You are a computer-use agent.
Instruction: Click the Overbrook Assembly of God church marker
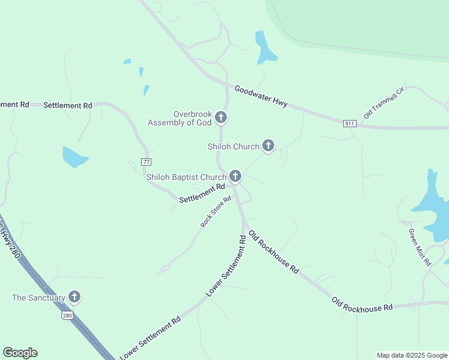point(221,117)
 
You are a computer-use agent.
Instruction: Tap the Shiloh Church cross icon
point(268,146)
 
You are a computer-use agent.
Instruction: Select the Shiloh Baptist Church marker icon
point(235,176)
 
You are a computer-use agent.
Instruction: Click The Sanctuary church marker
point(74,297)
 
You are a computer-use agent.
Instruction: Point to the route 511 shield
point(350,124)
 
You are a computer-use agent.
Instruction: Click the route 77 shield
point(146,162)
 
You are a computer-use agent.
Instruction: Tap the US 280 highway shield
point(67,314)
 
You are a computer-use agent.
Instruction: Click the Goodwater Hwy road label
point(261,96)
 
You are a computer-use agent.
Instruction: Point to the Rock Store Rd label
point(216,212)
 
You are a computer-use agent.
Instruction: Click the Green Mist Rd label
point(420,247)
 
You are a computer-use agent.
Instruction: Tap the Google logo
point(20,353)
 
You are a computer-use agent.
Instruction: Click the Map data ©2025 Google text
point(412,355)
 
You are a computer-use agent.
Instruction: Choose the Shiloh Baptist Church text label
point(186,177)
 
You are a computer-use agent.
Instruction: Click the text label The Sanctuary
point(38,298)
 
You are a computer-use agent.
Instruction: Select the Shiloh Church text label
point(233,146)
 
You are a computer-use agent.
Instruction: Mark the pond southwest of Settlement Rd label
point(74,157)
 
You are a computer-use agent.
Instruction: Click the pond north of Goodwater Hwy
point(265,49)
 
